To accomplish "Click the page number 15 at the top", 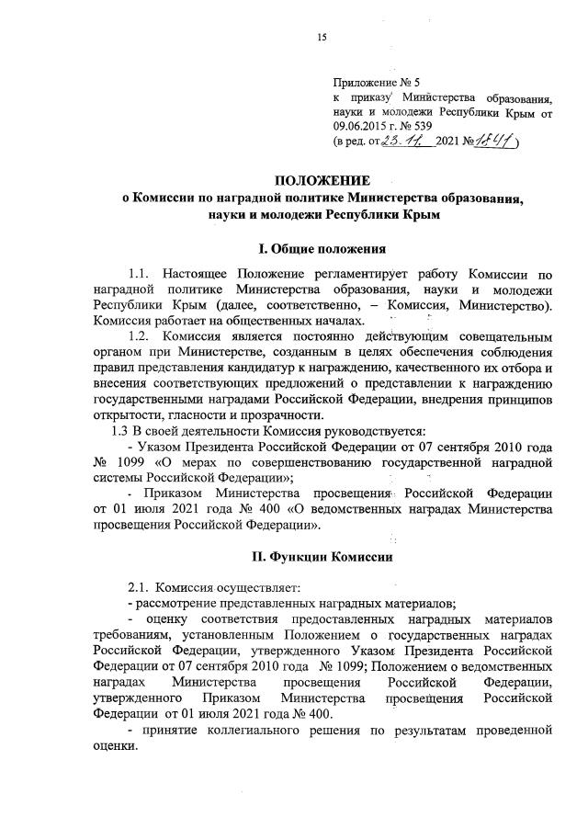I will click(x=322, y=37).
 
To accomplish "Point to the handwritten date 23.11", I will click(x=405, y=142).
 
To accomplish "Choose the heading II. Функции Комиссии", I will click(x=322, y=558).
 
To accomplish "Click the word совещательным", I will click(x=503, y=336).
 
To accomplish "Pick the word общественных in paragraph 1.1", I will click(x=241, y=320).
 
